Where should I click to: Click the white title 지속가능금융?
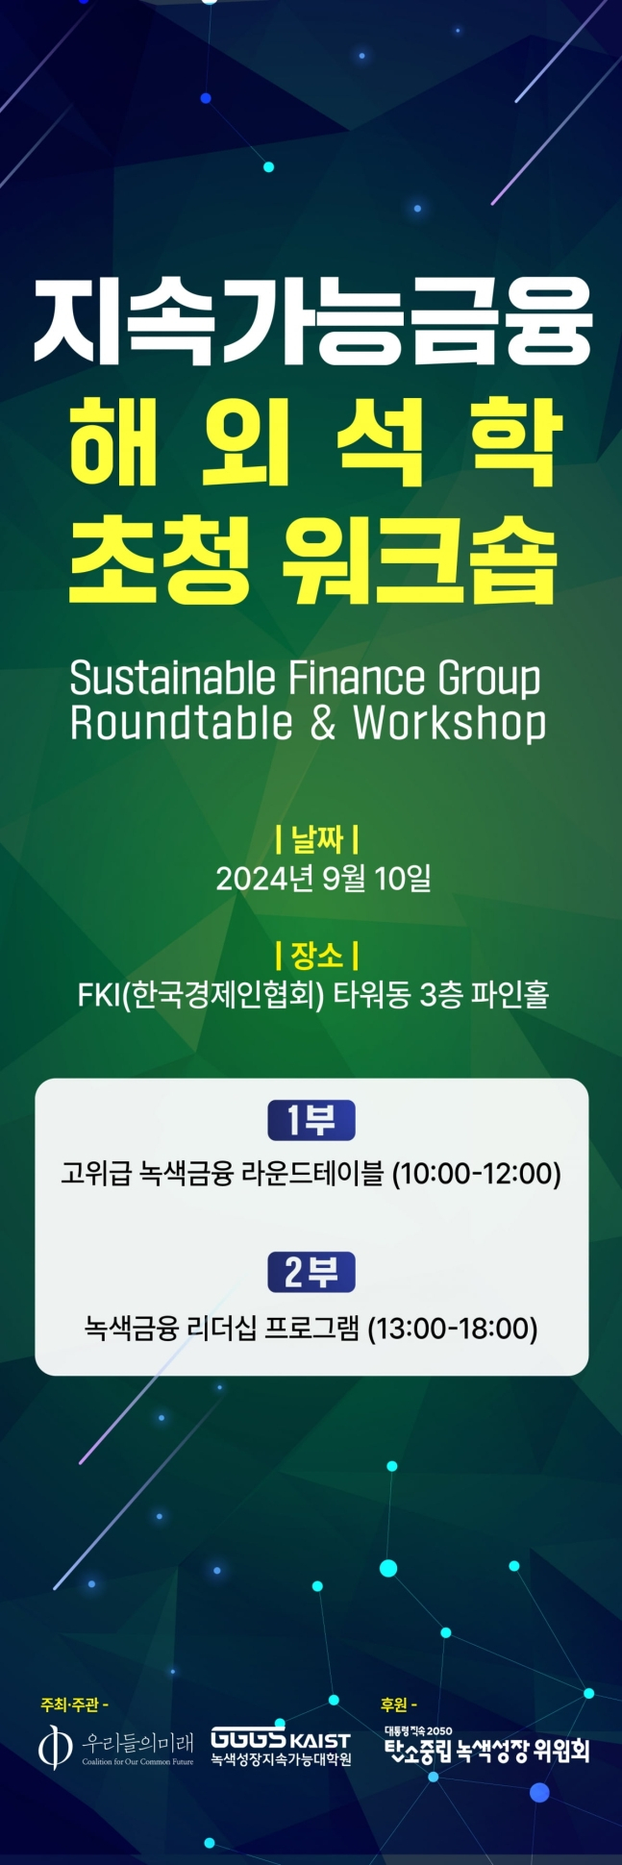(x=311, y=321)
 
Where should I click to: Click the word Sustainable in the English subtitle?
(x=172, y=679)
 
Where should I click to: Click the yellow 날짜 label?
(x=316, y=838)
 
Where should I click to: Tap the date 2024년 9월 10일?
(x=323, y=878)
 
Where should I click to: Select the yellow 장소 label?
(x=316, y=956)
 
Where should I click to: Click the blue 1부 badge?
(x=311, y=1120)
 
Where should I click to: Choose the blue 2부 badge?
(x=311, y=1273)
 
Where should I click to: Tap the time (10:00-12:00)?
(x=476, y=1174)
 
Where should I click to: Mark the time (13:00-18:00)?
(x=453, y=1329)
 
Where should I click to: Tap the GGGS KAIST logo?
(x=281, y=1745)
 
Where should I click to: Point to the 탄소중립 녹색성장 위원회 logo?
(x=485, y=1746)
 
